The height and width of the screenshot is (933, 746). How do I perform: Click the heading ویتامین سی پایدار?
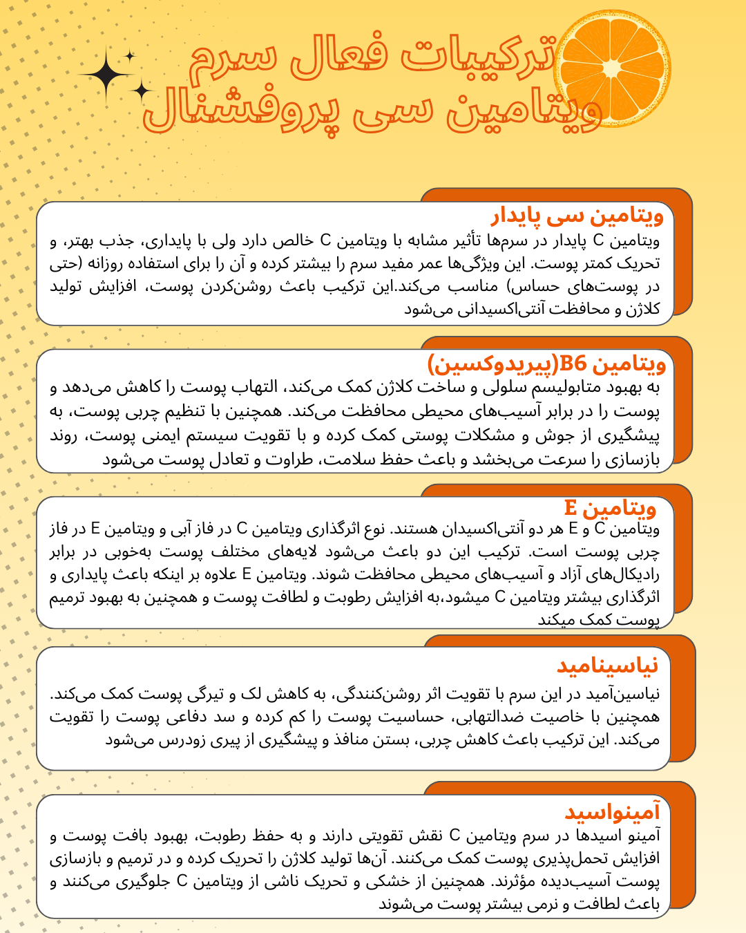point(577,216)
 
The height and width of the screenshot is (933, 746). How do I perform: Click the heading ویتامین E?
point(609,509)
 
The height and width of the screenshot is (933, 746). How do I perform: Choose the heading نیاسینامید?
point(607,666)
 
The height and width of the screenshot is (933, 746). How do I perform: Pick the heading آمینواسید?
point(612,812)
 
